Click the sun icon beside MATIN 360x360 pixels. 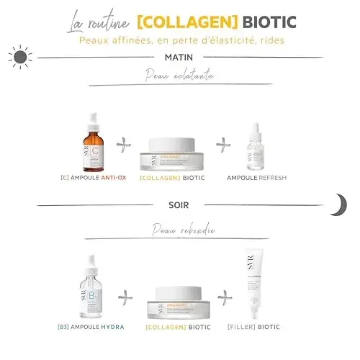tap(21, 55)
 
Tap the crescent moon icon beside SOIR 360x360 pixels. tap(338, 205)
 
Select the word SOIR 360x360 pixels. tap(179, 205)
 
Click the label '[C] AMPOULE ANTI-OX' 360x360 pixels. tap(94, 177)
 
